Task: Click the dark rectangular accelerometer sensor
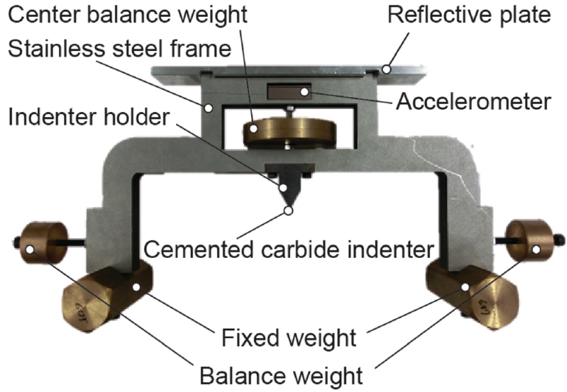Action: [x=288, y=92]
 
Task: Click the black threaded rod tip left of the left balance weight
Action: [x=14, y=241]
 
